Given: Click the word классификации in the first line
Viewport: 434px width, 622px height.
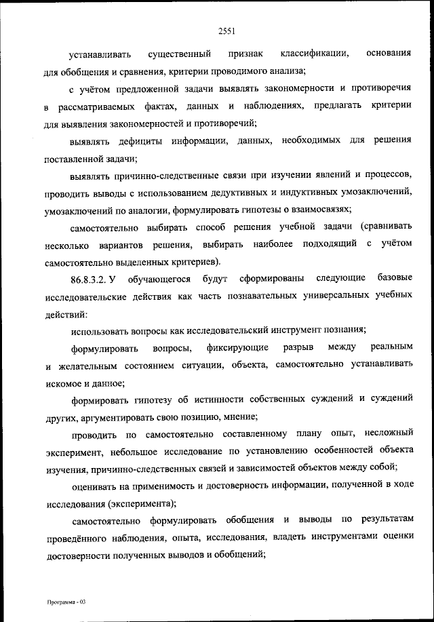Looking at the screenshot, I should click(315, 53).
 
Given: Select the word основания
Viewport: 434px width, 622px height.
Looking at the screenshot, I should click(388, 53).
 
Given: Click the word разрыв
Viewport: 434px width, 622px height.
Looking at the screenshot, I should click(300, 349).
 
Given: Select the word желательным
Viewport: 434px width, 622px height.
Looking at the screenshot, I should click(83, 366).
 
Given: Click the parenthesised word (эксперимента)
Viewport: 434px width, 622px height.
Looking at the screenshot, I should click(141, 504).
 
